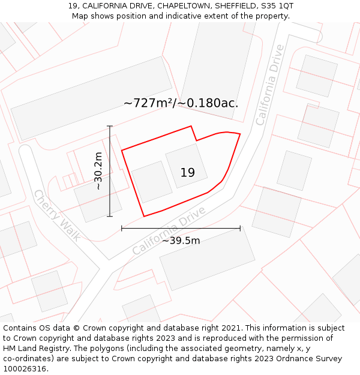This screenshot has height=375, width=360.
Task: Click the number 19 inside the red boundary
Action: [187, 173]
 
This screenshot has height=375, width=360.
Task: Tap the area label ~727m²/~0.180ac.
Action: [181, 103]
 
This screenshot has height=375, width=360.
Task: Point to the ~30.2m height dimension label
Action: [98, 171]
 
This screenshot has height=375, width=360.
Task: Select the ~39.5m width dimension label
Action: [181, 241]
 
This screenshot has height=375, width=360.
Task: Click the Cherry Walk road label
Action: [57, 215]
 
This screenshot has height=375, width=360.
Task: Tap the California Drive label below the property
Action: [169, 230]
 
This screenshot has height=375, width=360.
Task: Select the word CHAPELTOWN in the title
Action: [185, 6]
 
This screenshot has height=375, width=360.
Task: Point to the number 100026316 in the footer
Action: [24, 369]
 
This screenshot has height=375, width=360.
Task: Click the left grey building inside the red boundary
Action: [152, 182]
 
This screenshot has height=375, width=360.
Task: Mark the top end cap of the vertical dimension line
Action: [110, 126]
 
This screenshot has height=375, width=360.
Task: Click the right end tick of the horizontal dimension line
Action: [240, 228]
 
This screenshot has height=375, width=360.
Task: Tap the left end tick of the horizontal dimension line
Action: [122, 228]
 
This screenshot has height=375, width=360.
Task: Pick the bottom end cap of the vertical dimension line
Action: [110, 216]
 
